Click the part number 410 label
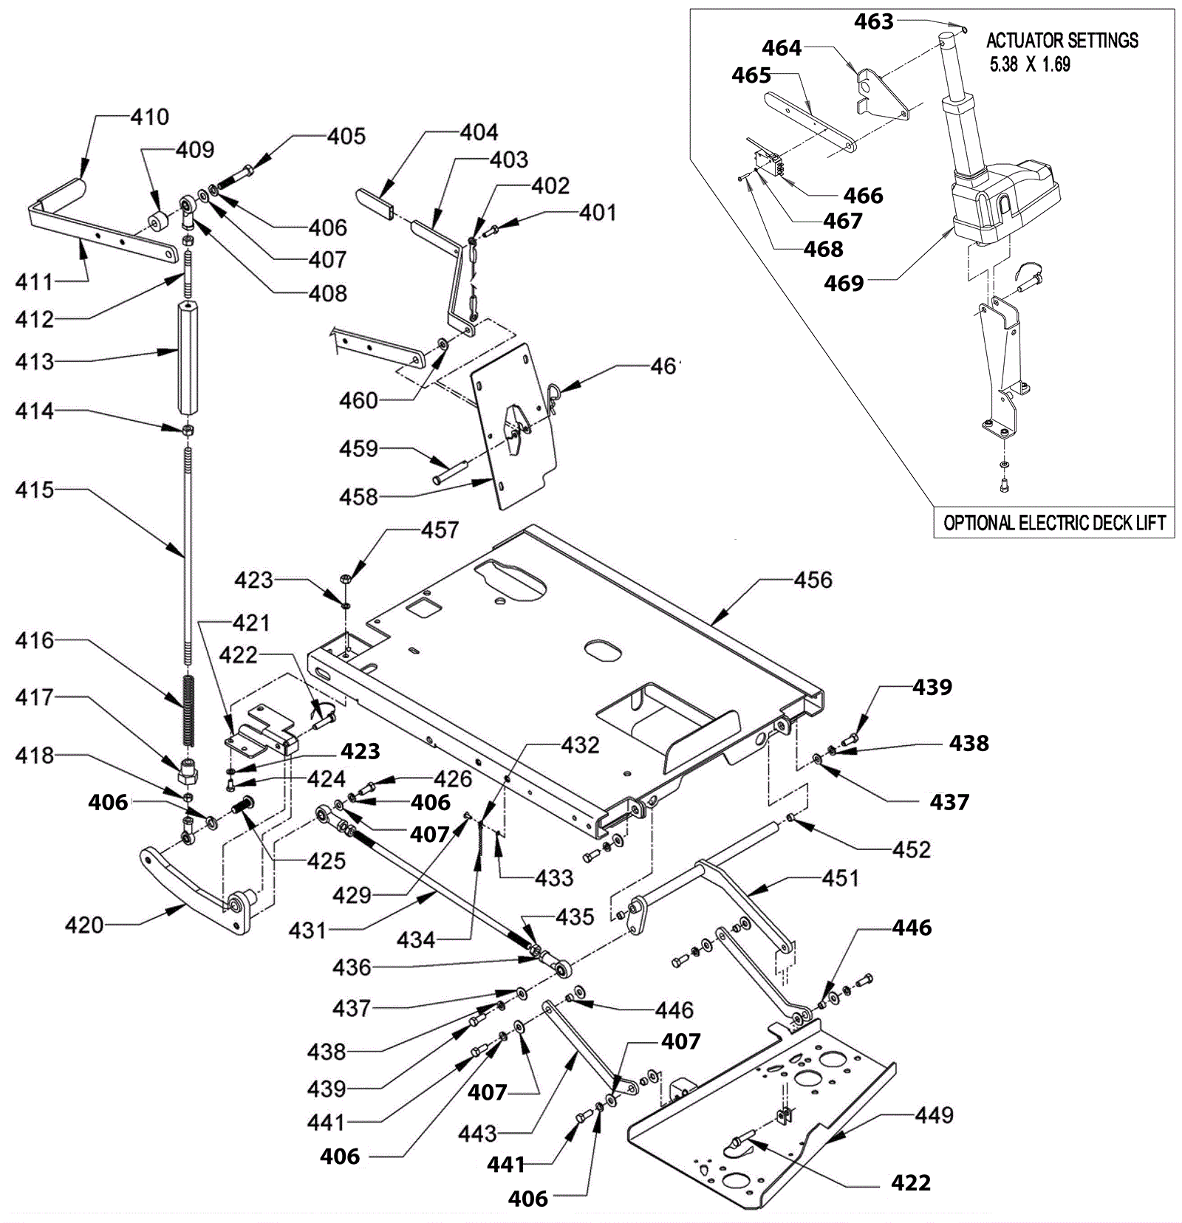150,117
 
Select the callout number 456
813,580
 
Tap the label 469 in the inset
844,283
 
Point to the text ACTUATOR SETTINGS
1062,40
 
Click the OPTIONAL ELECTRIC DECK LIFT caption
1054,523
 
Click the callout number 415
35,490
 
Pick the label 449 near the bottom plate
935,1114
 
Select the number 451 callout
841,878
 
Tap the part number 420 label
84,925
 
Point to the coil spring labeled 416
188,710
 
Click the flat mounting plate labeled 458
515,426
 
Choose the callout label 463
874,22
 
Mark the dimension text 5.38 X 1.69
1030,64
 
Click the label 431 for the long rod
307,930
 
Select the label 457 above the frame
440,530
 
